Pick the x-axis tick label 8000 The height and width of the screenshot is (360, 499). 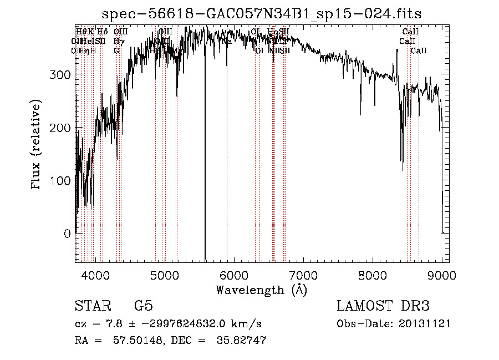pos(372,274)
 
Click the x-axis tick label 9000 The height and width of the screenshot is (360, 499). pos(441,274)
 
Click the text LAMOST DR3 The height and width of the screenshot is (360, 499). pos(383,306)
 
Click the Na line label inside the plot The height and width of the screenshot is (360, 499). pos(227,41)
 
